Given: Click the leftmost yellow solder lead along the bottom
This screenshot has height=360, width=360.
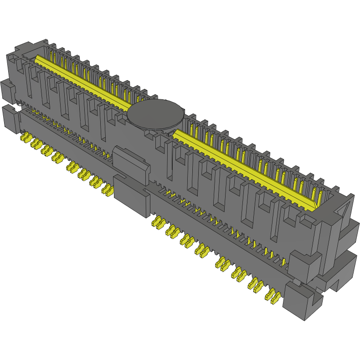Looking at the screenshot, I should [26, 138].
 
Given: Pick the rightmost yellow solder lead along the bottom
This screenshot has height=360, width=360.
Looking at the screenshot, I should [275, 298].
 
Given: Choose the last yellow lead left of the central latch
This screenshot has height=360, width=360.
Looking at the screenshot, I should [108, 190].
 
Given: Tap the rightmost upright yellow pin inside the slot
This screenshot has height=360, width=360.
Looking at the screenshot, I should [321, 196].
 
